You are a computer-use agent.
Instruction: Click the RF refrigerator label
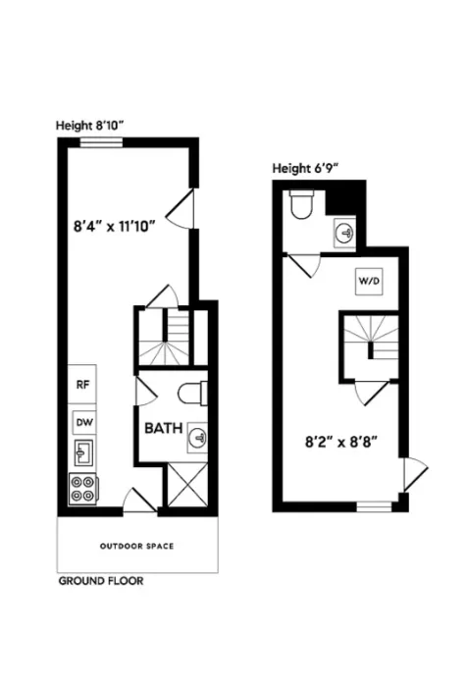coord(82,385)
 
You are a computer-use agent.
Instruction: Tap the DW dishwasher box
coord(82,422)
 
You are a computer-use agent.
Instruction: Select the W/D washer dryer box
coord(368,281)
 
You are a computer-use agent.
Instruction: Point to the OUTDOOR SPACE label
coord(136,546)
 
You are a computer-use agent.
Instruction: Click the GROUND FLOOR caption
coord(101,581)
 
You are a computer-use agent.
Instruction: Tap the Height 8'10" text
coord(88,125)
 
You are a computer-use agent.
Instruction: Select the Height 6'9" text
coord(306,167)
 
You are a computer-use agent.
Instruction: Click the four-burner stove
coord(82,489)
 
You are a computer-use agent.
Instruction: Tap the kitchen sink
coord(82,452)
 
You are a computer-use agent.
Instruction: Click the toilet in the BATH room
coord(191,394)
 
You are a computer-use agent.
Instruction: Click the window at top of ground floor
coord(94,141)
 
